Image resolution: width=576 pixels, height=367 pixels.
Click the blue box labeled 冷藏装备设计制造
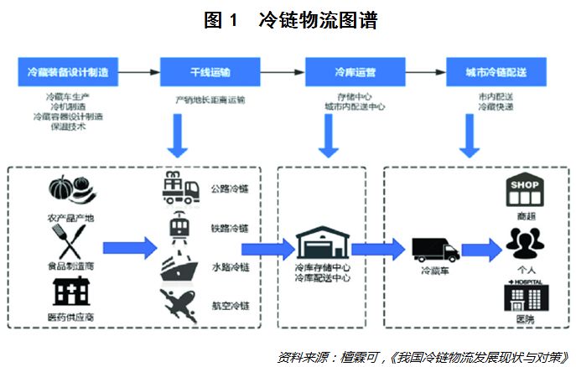point(67,71)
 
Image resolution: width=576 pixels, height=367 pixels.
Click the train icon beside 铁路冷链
point(179,227)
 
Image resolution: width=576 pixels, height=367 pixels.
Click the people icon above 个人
point(526,243)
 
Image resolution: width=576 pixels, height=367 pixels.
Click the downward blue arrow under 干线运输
point(177,135)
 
